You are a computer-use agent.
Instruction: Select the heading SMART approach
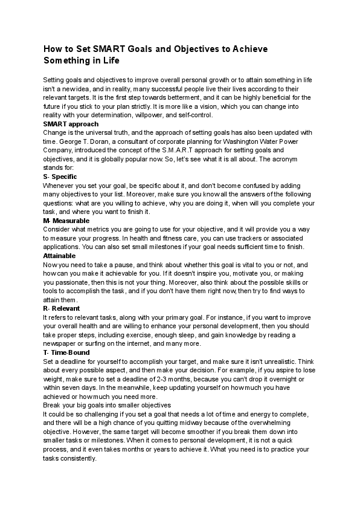point(66,123)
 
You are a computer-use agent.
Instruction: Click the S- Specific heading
point(60,177)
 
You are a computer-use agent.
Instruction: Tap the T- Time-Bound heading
point(66,352)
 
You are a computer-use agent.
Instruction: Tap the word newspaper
point(63,343)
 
